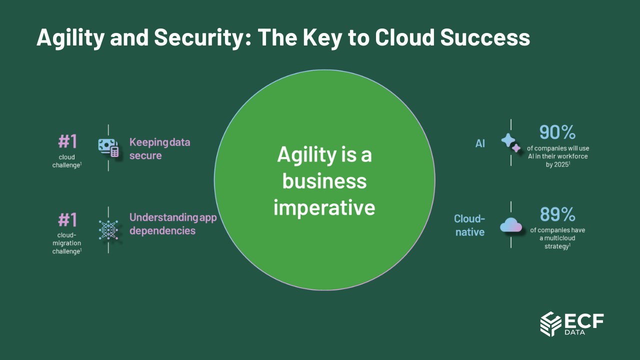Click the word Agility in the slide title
(70, 38)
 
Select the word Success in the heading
(485, 37)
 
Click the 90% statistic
(557, 132)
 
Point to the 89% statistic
(557, 214)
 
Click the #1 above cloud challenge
(67, 141)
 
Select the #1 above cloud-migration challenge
(67, 219)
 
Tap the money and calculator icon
(108, 147)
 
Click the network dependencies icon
(108, 229)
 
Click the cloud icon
(511, 225)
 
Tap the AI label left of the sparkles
(480, 143)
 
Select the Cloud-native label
(469, 225)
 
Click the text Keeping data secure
(159, 149)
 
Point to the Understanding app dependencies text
(173, 224)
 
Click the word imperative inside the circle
(324, 207)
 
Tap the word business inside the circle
(324, 181)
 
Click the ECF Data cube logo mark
(551, 324)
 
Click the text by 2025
(557, 164)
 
